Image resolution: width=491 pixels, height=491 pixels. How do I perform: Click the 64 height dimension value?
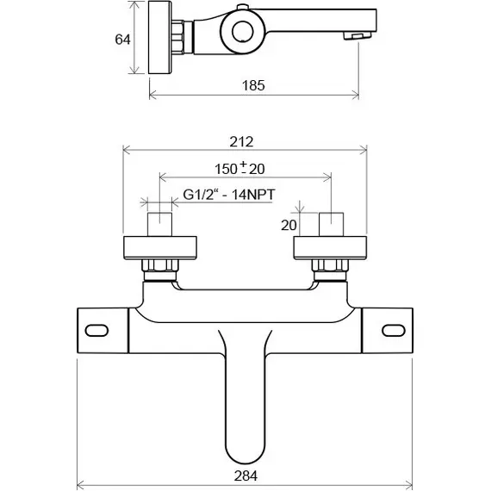[122, 40]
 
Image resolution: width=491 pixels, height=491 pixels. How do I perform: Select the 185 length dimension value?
[253, 85]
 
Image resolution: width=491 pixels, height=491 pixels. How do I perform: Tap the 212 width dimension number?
[241, 141]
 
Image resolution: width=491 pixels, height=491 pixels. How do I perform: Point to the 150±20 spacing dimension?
[239, 169]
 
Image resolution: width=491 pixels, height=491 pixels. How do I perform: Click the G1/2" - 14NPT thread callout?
[229, 195]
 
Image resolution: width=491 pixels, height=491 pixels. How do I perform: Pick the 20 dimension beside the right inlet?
[289, 225]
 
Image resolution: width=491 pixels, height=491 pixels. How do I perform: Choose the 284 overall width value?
[245, 476]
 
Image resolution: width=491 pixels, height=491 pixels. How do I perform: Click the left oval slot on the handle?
[96, 331]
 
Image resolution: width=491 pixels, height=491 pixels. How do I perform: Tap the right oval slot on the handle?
[394, 331]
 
